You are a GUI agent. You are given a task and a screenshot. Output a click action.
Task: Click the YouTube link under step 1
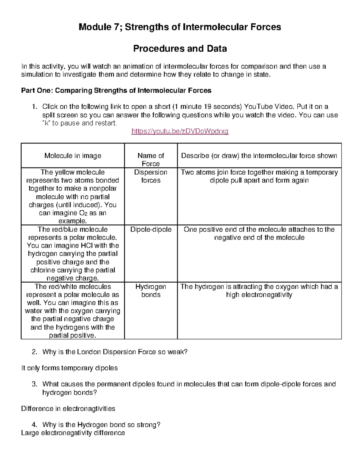180,131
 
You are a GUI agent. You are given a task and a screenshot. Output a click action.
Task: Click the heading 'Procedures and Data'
180,49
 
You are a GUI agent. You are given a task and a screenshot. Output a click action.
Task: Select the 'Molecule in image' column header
73,156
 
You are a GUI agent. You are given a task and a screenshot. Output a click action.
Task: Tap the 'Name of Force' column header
151,159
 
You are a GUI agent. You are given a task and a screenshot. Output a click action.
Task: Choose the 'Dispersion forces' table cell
151,176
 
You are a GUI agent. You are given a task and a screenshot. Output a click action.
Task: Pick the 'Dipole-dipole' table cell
151,230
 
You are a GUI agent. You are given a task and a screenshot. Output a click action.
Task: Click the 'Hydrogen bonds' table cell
151,291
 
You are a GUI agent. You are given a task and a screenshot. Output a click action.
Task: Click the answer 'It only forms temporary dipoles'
69,368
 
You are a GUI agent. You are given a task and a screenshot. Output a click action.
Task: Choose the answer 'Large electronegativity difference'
73,433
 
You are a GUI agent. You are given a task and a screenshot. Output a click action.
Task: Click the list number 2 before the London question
34,352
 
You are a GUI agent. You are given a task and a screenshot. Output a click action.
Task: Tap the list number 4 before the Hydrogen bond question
34,425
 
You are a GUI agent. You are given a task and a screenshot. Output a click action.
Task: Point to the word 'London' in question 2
89,352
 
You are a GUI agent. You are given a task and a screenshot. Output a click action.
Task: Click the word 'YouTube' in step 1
258,107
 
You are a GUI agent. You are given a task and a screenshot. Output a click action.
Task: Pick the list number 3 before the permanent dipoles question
34,384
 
